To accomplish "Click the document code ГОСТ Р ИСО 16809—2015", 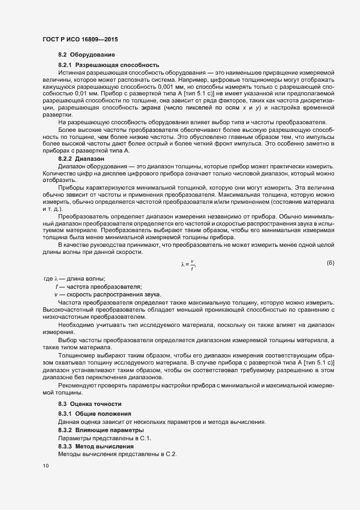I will (x=80, y=40).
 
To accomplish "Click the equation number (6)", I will (x=330, y=264).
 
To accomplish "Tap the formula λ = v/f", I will (x=188, y=264).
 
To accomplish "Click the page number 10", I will (x=45, y=466).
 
